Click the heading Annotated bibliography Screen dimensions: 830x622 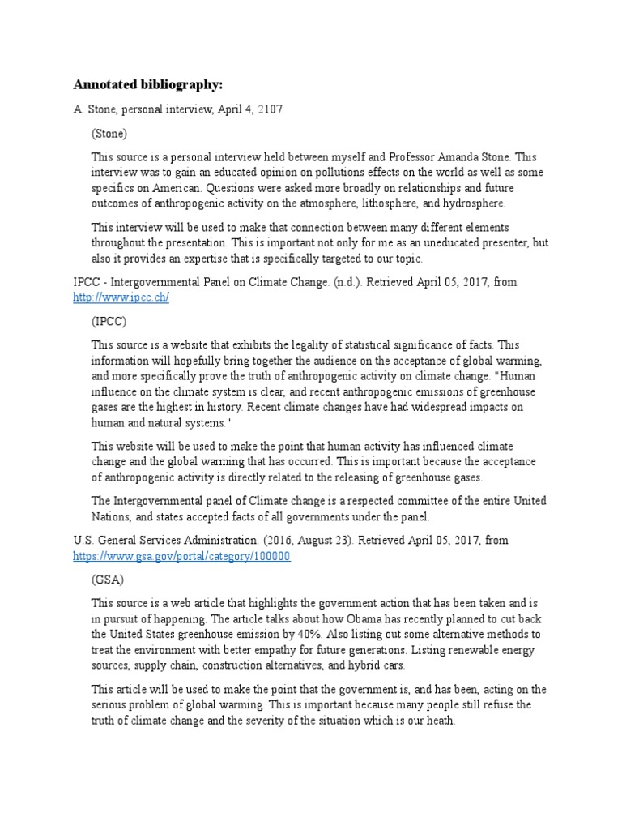[147, 84]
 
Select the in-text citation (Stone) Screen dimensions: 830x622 [109, 133]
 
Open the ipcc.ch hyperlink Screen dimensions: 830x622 [121, 297]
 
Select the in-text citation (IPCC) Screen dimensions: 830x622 [109, 320]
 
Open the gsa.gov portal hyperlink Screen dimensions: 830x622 [181, 556]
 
